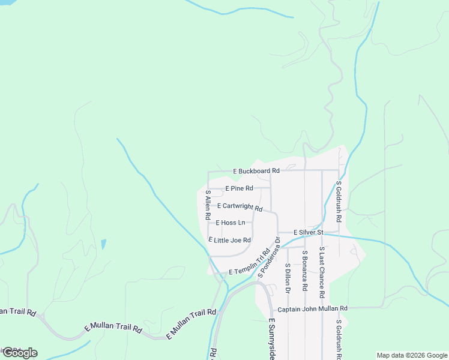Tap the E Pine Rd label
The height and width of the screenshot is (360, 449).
point(239,188)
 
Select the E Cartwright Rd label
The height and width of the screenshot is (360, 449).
point(240,206)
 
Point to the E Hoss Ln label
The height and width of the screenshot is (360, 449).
point(230,223)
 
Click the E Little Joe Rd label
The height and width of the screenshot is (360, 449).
point(229,240)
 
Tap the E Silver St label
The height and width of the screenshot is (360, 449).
point(309,232)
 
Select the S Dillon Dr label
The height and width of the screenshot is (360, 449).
point(288,278)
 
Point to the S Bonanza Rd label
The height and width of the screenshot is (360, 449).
point(305,271)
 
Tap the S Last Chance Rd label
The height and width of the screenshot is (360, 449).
point(322,272)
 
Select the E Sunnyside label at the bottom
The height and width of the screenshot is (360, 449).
point(271,339)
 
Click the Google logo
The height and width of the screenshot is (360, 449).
point(20,353)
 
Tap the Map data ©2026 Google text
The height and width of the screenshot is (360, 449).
point(411,355)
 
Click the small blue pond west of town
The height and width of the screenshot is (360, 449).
point(104,244)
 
